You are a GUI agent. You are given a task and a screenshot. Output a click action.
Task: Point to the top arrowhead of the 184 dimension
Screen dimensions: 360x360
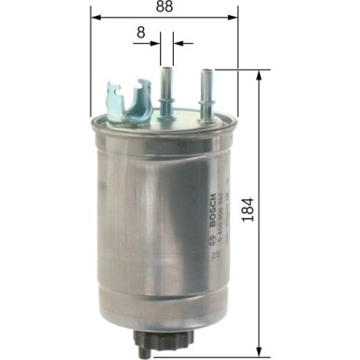[x=257, y=76]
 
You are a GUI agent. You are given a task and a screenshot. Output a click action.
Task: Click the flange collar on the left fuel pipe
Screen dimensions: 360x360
[x=167, y=101]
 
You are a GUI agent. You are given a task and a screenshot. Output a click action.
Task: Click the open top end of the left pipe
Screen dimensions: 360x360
[x=167, y=67]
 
